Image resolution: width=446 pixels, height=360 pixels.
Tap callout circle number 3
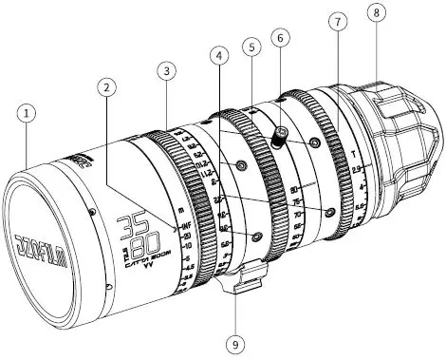pyautogui.click(x=166, y=69)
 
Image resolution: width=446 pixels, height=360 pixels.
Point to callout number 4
pyautogui.click(x=221, y=55)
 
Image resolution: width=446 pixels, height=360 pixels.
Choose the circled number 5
pyautogui.click(x=251, y=46)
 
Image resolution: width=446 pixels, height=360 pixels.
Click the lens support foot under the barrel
pyautogui.click(x=244, y=281)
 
